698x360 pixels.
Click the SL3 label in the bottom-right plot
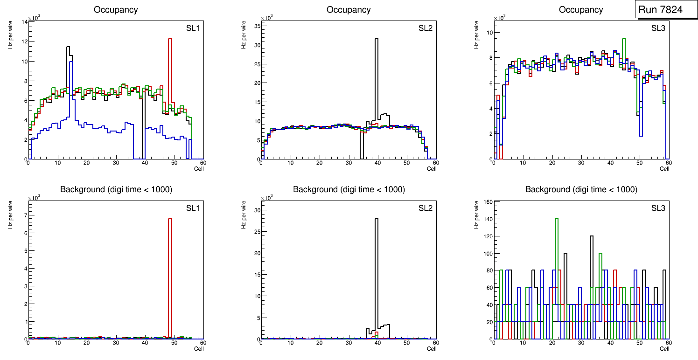[x=658, y=208]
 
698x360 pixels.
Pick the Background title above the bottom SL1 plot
[x=116, y=189]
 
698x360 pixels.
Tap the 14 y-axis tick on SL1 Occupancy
[x=23, y=22]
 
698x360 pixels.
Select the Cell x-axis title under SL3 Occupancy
[x=664, y=169]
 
